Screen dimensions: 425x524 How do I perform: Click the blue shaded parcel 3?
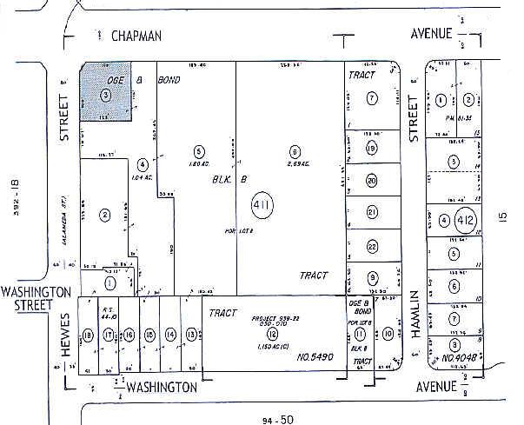(x=106, y=90)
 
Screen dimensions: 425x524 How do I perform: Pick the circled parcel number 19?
(x=371, y=149)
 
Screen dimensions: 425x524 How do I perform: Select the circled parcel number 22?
(x=371, y=247)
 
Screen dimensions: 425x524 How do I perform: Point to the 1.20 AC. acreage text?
(x=199, y=162)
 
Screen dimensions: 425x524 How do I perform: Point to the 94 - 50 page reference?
(x=276, y=418)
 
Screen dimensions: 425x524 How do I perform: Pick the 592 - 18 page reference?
(x=12, y=196)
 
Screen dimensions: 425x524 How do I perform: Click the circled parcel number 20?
(x=371, y=181)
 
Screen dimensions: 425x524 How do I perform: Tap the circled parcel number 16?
(x=129, y=335)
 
